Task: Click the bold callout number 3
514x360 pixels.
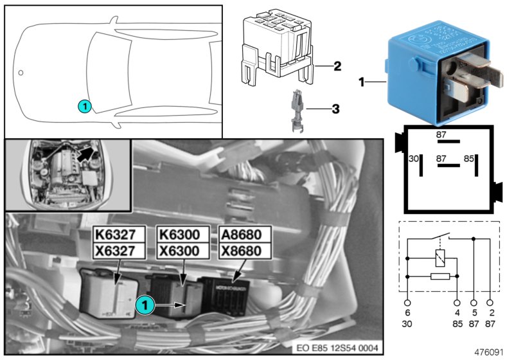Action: [x=335, y=109]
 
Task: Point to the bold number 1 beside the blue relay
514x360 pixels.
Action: [x=362, y=82]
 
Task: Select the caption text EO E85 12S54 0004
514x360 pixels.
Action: [x=337, y=348]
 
